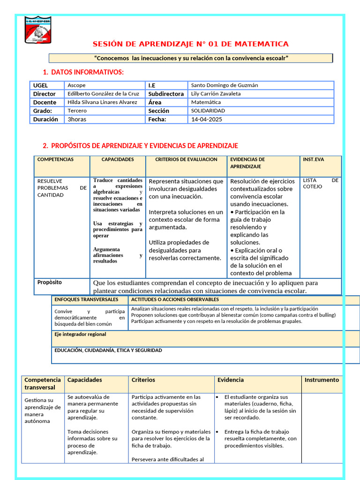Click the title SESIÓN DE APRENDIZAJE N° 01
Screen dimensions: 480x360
[190, 44]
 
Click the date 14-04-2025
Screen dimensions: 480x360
[207, 119]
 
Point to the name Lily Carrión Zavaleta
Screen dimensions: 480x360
[216, 94]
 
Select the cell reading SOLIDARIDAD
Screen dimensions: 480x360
[208, 111]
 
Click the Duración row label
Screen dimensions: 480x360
[45, 119]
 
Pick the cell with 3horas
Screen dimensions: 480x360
[77, 119]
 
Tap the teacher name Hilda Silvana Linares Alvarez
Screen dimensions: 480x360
[102, 102]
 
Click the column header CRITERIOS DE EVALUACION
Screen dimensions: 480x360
[186, 159]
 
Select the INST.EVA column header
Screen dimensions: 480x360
[313, 159]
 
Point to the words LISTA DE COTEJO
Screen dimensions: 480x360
[320, 183]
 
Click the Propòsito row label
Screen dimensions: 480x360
[49, 283]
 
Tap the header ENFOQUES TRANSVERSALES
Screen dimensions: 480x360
[86, 299]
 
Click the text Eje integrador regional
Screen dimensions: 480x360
[80, 334]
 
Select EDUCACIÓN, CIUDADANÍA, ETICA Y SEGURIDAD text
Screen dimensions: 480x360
[108, 350]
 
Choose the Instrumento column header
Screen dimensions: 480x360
[321, 380]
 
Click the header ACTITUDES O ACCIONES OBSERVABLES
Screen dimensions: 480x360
[175, 299]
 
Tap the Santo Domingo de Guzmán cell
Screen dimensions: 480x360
[224, 85]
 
